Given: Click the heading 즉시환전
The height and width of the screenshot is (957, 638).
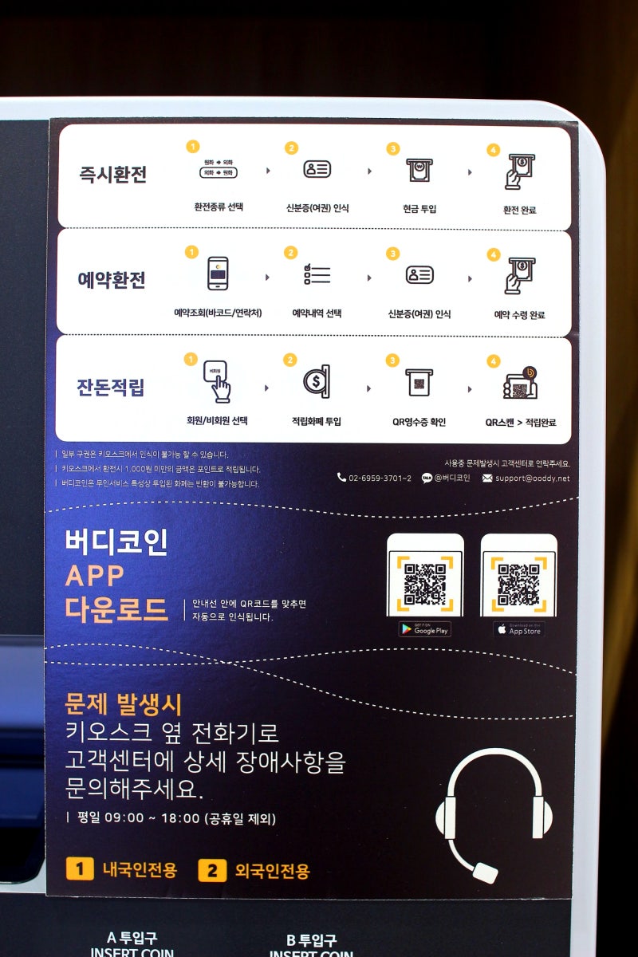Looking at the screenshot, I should pyautogui.click(x=112, y=174).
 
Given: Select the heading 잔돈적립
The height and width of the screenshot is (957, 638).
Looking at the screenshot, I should pyautogui.click(x=111, y=388).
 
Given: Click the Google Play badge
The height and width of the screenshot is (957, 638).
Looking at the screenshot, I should pyautogui.click(x=425, y=629).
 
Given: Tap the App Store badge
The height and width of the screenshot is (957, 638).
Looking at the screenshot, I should pyautogui.click(x=518, y=629).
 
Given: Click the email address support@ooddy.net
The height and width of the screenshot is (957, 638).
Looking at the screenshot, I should pyautogui.click(x=532, y=478).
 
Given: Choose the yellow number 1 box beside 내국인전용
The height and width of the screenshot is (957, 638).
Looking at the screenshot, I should pyautogui.click(x=80, y=868).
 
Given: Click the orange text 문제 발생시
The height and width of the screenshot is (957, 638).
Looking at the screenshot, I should pyautogui.click(x=124, y=704).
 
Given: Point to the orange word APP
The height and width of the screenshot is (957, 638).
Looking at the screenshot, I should pyautogui.click(x=95, y=576).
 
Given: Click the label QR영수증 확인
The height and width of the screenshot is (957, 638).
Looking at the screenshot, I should pyautogui.click(x=419, y=421).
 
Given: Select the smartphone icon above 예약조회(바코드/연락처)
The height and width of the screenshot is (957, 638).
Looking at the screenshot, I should pyautogui.click(x=218, y=273).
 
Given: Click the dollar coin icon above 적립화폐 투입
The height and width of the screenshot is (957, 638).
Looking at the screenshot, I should pyautogui.click(x=317, y=381).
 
